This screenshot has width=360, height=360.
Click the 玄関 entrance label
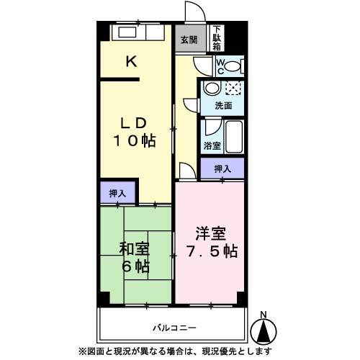tap(189, 40)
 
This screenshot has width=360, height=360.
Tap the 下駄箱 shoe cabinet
tap(217, 38)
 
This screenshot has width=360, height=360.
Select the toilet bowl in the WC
tap(233, 66)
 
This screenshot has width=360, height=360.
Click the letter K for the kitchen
tap(132, 61)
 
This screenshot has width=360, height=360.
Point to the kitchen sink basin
tap(127, 32)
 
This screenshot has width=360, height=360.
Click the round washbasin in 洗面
tap(212, 88)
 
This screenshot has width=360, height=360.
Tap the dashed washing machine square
tap(233, 88)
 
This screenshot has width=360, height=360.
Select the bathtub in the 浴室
tap(234, 136)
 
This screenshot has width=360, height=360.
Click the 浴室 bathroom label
tap(212, 145)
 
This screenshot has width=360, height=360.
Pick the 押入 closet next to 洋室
tap(222, 168)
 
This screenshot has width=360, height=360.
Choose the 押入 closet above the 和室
tap(117, 193)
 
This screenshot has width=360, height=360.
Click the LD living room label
tap(133, 123)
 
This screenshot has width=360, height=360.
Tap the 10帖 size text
tap(135, 140)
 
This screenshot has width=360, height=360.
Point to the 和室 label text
tap(134, 249)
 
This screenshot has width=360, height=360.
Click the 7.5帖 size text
tap(212, 251)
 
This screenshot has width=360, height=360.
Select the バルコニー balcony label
tap(174, 328)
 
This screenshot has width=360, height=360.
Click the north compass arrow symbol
tap(264, 333)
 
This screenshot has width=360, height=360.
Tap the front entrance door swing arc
tap(199, 6)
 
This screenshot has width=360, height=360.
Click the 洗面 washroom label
tap(223, 106)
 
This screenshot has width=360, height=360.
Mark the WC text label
tap(220, 66)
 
